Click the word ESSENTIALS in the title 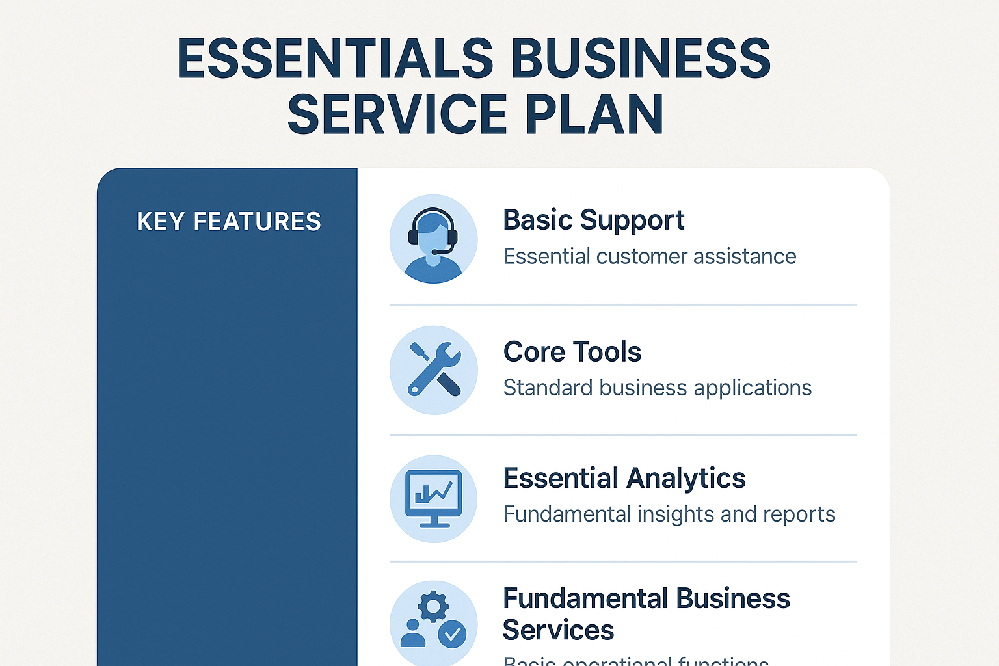point(336,59)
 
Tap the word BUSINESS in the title point(641,59)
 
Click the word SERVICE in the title point(397,114)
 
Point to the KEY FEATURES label point(229,222)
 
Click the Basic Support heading point(593,220)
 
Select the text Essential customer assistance point(649,256)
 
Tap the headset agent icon point(433,239)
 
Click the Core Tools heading point(572,352)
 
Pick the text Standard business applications point(657,388)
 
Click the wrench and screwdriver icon point(433,369)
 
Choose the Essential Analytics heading point(624,478)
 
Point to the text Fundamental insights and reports point(669,514)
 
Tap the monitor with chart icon point(433,498)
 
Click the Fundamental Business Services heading point(646,613)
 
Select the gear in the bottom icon point(433,607)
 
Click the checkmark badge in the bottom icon point(452,633)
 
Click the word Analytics point(686,478)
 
